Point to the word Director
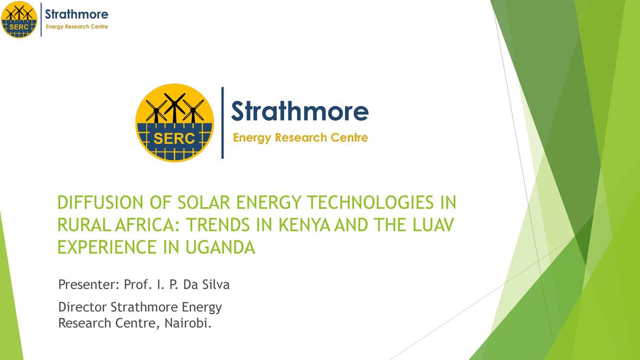[x=83, y=307]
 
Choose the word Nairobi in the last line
[x=190, y=323]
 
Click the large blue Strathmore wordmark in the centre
[x=299, y=111]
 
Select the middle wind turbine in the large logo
[x=174, y=106]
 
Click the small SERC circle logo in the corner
[x=19, y=20]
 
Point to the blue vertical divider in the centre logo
[x=222, y=123]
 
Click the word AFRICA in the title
[x=140, y=226]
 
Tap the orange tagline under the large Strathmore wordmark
[x=300, y=138]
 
